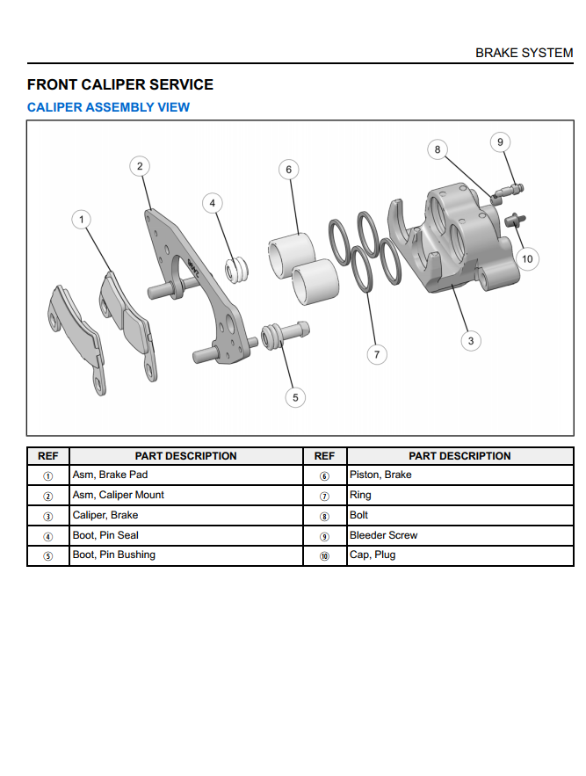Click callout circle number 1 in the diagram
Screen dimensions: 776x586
click(x=82, y=219)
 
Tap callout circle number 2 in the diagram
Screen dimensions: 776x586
click(x=140, y=165)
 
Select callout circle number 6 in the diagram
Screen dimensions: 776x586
click(x=289, y=169)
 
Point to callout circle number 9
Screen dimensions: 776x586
click(x=500, y=141)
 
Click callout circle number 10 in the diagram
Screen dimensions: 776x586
click(x=527, y=258)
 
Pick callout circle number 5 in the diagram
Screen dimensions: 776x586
click(x=295, y=397)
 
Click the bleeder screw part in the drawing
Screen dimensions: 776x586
click(x=510, y=188)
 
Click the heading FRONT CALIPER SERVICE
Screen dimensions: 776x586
click(x=120, y=85)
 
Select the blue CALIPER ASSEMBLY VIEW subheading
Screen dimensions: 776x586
click(x=108, y=107)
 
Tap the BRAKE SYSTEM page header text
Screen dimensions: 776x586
click(x=524, y=53)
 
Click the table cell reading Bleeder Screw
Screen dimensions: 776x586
click(x=383, y=535)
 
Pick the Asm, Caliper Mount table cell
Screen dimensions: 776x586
click(x=118, y=495)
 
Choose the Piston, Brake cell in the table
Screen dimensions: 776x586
click(x=380, y=475)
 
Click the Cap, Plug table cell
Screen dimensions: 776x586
click(x=373, y=555)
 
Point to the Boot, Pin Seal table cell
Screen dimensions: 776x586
click(x=105, y=535)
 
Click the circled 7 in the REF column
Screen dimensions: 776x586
click(x=324, y=496)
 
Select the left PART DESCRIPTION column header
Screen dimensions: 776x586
click(x=185, y=456)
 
